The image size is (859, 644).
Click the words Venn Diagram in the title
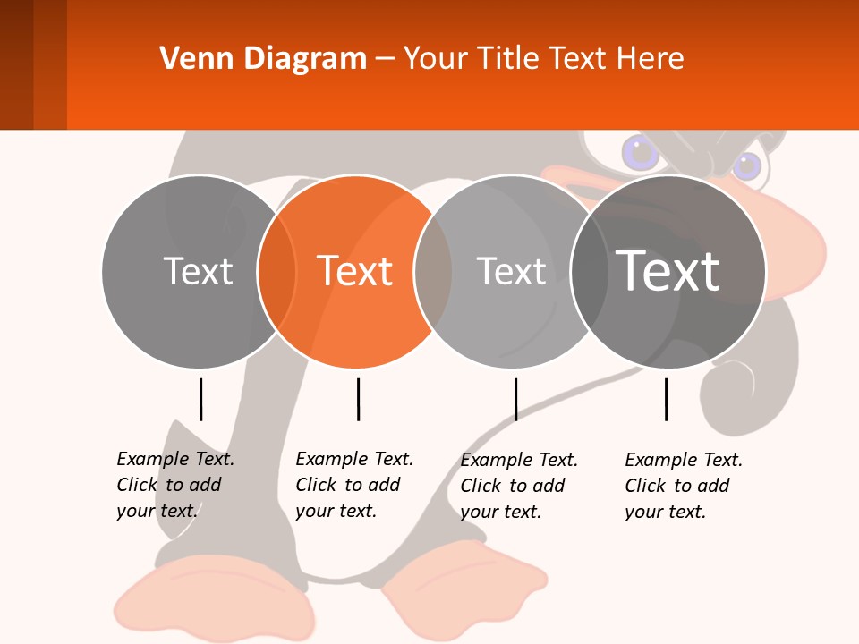pyautogui.click(x=263, y=59)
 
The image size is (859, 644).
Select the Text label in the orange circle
pyautogui.click(x=355, y=271)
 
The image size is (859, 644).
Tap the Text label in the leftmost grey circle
pyautogui.click(x=198, y=271)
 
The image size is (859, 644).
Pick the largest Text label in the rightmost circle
pyautogui.click(x=668, y=270)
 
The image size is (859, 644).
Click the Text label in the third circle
pyautogui.click(x=511, y=271)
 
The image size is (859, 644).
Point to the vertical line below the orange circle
pyautogui.click(x=358, y=399)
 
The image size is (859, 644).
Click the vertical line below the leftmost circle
pyautogui.click(x=200, y=399)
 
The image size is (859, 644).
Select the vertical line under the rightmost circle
pyautogui.click(x=666, y=399)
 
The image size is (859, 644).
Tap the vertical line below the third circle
pyautogui.click(x=515, y=399)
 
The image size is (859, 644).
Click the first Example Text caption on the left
pyautogui.click(x=174, y=485)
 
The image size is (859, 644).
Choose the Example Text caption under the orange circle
pyautogui.click(x=353, y=485)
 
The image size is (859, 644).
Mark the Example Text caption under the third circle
pyautogui.click(x=518, y=486)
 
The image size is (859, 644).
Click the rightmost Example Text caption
pyautogui.click(x=683, y=486)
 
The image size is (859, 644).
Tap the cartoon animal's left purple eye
pyautogui.click(x=641, y=152)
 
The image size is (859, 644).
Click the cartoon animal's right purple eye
pyautogui.click(x=747, y=165)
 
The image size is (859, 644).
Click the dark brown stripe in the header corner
pyautogui.click(x=16, y=64)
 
